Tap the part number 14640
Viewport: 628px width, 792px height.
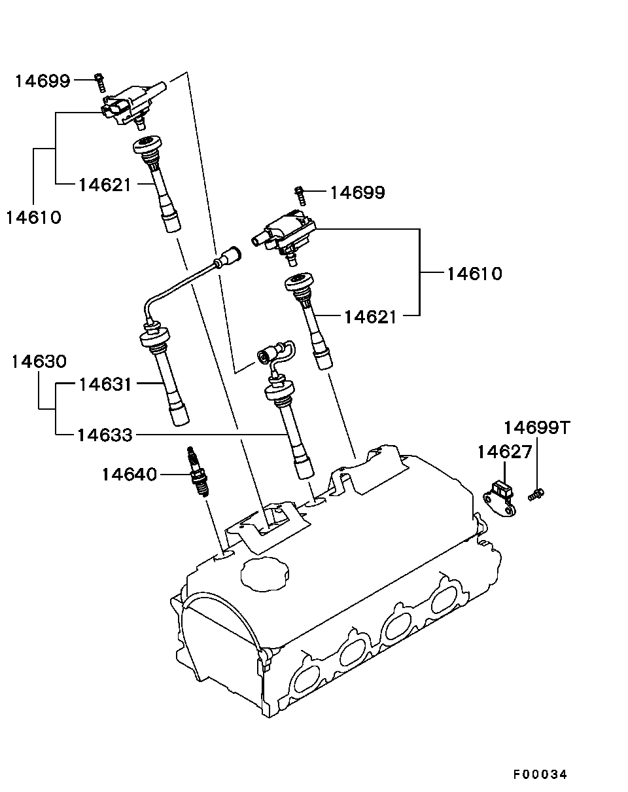coord(129,475)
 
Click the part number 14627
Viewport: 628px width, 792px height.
coord(504,452)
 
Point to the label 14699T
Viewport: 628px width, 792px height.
coord(537,427)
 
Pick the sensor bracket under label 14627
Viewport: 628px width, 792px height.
coord(500,499)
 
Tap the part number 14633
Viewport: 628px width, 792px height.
coord(105,435)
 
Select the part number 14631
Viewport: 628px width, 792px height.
coord(105,384)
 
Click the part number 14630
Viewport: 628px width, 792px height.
coord(39,361)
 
